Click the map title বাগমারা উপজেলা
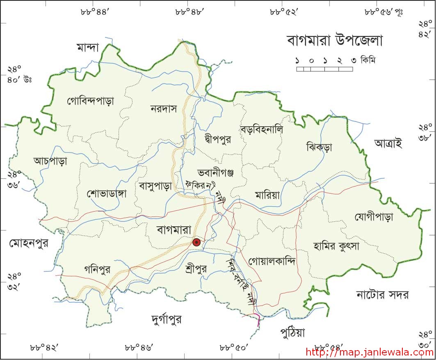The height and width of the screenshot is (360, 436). point(334,41)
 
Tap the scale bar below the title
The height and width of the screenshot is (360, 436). point(324,69)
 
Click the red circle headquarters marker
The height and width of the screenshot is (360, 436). point(197,242)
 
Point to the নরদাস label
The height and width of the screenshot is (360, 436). point(163,109)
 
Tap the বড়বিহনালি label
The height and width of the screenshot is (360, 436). point(262,129)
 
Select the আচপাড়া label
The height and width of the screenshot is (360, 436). point(50,161)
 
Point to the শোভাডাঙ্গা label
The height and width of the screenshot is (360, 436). point(107,193)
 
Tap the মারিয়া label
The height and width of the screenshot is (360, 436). point(267,195)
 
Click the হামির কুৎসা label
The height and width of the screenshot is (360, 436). point(336,246)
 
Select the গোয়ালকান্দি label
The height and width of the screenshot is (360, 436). point(272,261)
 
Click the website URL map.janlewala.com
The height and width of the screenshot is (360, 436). point(370,352)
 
